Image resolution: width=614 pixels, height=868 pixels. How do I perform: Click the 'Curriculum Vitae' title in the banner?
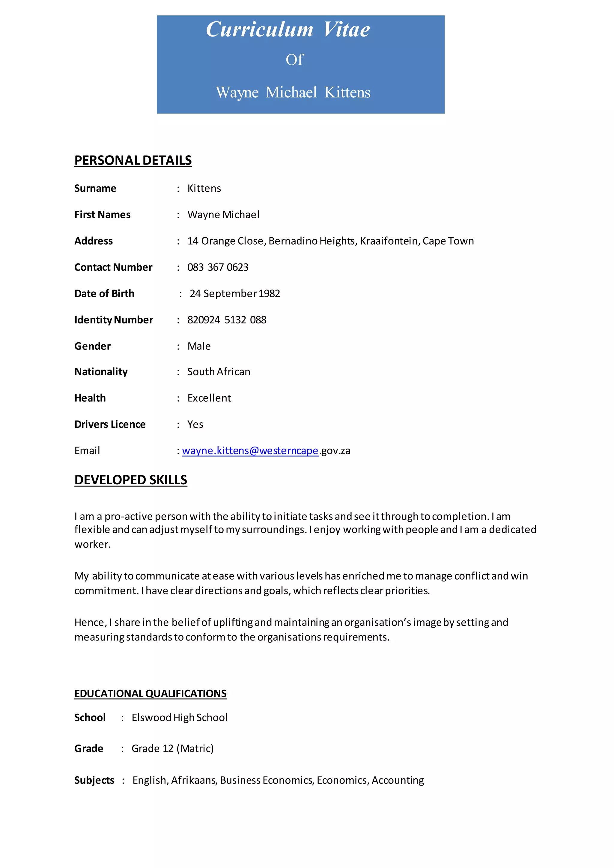[288, 29]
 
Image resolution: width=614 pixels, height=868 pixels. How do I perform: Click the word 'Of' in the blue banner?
[294, 60]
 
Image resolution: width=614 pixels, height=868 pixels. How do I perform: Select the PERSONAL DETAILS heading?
[133, 160]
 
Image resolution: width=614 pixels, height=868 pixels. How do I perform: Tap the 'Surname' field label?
[95, 188]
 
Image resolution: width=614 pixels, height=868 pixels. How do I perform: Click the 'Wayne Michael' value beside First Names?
[223, 215]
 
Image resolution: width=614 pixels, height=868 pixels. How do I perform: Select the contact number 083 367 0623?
[218, 267]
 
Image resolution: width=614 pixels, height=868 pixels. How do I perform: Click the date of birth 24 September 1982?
[235, 294]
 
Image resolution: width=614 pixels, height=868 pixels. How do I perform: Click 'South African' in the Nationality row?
[219, 372]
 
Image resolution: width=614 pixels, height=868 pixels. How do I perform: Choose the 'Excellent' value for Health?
[209, 398]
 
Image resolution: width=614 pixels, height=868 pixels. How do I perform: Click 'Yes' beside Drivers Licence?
[195, 424]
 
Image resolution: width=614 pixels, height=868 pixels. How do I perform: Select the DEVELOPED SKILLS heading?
[130, 480]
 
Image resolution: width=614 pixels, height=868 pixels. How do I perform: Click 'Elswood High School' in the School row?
[179, 718]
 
